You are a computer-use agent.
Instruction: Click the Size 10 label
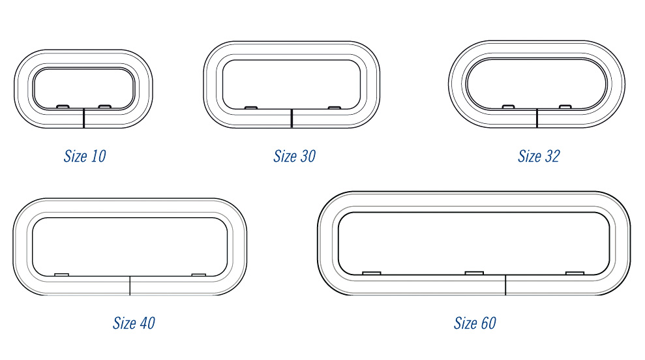tap(85, 157)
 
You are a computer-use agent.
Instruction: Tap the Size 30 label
tap(295, 157)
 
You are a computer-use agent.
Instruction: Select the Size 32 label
tap(539, 157)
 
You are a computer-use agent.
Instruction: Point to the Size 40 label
tap(134, 323)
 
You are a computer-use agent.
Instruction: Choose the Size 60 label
tap(475, 323)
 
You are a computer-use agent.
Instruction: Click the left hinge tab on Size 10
tap(63, 106)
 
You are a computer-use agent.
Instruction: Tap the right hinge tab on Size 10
tap(105, 106)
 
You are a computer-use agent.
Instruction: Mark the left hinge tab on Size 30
tap(251, 108)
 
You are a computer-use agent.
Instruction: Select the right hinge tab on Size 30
tap(335, 108)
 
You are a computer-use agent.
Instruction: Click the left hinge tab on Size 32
tap(509, 107)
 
